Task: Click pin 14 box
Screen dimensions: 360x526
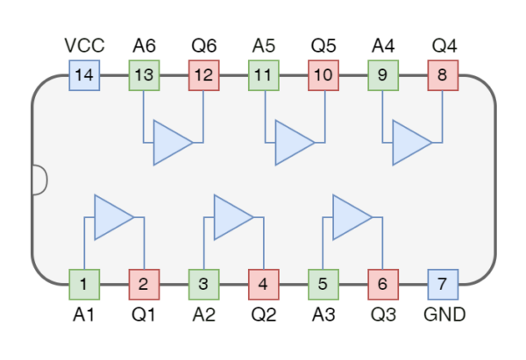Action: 84,75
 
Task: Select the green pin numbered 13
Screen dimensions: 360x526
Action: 144,75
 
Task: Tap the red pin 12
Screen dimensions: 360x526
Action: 203,75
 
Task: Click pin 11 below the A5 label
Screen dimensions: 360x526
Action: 263,75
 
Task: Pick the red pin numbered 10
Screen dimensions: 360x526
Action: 323,75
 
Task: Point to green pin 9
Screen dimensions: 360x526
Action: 382,75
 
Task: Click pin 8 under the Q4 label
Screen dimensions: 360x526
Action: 442,75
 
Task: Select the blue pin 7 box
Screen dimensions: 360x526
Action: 442,284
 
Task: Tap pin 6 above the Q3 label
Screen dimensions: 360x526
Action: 382,284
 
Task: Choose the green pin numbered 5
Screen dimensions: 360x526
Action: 323,284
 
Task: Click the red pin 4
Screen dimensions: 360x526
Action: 263,284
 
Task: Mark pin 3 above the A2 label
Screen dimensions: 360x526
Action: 203,284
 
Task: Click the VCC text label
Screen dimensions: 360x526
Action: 84,45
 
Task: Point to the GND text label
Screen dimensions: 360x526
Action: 444,314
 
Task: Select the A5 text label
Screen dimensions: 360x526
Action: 263,45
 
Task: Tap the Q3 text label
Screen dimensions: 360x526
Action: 382,314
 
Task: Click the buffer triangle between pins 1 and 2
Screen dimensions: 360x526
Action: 111,217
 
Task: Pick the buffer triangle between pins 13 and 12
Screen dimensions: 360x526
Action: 171,143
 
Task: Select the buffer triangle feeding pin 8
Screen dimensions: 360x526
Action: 409,143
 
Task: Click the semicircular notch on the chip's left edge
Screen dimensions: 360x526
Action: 39,180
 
